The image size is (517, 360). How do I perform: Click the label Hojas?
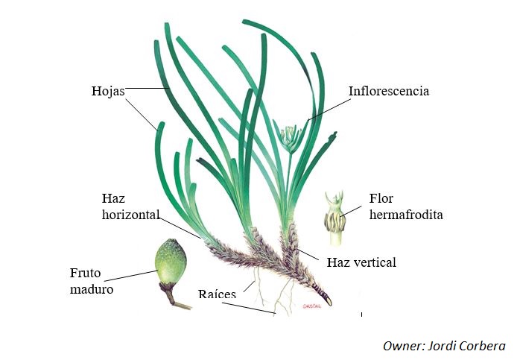[107, 91]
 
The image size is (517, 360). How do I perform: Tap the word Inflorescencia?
[388, 91]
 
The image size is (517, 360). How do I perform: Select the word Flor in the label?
[381, 199]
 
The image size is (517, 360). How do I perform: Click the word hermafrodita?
[406, 215]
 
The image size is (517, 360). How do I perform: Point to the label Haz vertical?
[361, 262]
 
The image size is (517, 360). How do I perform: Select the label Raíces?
[217, 294]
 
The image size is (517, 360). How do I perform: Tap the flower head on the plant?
[291, 136]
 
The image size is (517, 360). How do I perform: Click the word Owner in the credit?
[402, 346]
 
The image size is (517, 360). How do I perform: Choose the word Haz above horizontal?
[112, 198]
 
